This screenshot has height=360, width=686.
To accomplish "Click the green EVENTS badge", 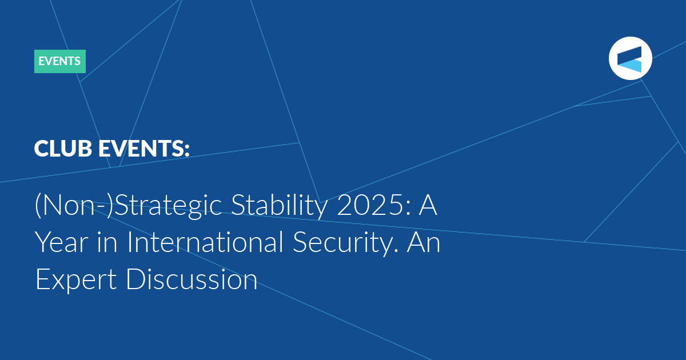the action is pos(59,61).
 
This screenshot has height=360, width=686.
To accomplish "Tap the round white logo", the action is pos(630,58).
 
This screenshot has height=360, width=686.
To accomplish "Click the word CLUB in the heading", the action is pos(63,149).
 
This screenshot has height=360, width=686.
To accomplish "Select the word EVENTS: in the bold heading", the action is pos(143,149).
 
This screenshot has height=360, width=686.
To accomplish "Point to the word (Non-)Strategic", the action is pos(128,206).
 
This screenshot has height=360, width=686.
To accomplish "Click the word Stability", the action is pos(280,206).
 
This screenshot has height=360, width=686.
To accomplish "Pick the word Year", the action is pos(62,242).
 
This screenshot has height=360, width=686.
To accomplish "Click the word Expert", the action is pos(76,280).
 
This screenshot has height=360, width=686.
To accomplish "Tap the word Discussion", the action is pos(192,279).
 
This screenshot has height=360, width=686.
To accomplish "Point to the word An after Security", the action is pos(423,242).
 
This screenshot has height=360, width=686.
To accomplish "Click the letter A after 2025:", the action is pos(428,205).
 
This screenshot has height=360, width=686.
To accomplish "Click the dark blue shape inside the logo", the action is pos(629,55).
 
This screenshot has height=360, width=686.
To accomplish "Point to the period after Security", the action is pos(396,251).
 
